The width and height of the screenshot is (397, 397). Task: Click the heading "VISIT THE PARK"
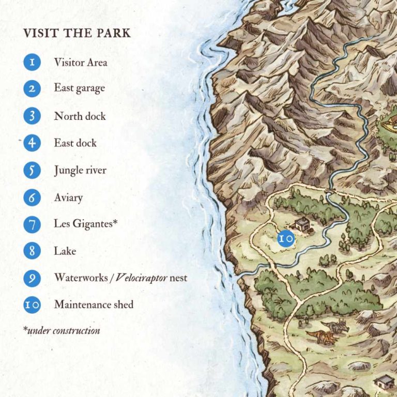tap(77, 34)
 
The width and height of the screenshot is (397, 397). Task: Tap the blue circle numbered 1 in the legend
tap(32, 62)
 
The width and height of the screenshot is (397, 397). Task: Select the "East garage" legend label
tap(79, 88)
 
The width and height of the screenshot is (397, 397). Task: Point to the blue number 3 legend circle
tap(32, 116)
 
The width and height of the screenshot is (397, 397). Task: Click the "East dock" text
tap(75, 143)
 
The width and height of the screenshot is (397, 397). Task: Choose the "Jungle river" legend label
tap(80, 171)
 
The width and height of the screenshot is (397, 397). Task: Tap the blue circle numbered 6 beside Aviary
tap(32, 197)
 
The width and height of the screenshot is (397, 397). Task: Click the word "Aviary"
tap(68, 197)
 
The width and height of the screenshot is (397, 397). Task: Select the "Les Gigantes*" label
tap(86, 224)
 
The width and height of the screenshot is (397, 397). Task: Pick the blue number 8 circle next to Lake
tap(32, 251)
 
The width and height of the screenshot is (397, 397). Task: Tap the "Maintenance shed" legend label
tap(94, 304)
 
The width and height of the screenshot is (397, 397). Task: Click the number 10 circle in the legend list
tap(32, 305)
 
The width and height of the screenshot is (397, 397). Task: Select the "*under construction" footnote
tap(62, 330)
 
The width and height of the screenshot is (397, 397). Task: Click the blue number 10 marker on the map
tap(285, 238)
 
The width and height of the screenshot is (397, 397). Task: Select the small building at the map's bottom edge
tap(384, 382)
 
